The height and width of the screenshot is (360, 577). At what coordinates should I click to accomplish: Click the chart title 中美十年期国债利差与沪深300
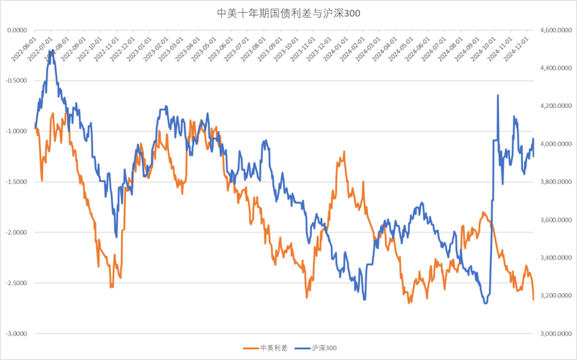coord(288,13)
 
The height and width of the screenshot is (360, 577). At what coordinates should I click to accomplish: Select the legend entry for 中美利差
coord(269,348)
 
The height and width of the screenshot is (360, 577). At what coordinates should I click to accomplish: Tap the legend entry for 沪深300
coord(318,348)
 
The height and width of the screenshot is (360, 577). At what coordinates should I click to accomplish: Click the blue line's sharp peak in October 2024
coord(498,95)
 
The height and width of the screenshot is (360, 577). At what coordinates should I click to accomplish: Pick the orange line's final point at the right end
coord(533,300)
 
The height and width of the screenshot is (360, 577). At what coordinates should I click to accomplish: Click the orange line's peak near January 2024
coord(344,152)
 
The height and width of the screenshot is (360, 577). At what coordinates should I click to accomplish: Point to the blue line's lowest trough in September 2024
coord(486,303)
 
